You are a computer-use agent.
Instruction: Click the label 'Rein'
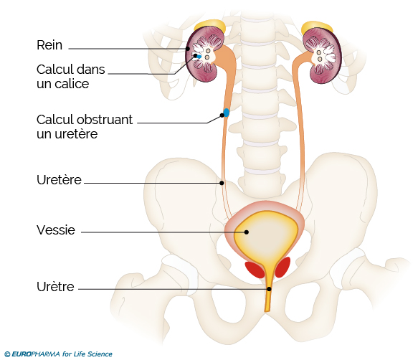point(49,45)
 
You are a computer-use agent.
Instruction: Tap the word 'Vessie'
point(56,230)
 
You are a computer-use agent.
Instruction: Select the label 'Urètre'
point(55,287)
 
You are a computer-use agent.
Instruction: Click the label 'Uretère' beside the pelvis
point(59,180)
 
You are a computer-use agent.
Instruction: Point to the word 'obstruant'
point(104,120)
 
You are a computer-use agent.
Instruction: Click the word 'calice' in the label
point(72,84)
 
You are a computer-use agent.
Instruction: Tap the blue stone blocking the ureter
point(227,113)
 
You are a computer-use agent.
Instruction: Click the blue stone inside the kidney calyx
point(199,57)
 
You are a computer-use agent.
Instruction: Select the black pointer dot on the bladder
point(247,232)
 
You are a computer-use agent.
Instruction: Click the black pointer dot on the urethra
point(270,289)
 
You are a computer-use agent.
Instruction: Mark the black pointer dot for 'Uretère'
point(222,183)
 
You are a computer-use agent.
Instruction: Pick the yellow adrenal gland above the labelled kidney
point(211,25)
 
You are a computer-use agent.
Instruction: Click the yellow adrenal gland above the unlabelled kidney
point(317,27)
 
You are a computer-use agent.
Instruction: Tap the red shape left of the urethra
point(255,270)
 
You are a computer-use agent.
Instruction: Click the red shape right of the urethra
point(282,267)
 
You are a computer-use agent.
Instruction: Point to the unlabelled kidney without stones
point(323,55)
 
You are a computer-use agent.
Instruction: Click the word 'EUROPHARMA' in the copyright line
point(36,354)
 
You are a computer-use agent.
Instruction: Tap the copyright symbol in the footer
point(7,354)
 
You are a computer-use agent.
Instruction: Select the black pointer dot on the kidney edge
point(188,49)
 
